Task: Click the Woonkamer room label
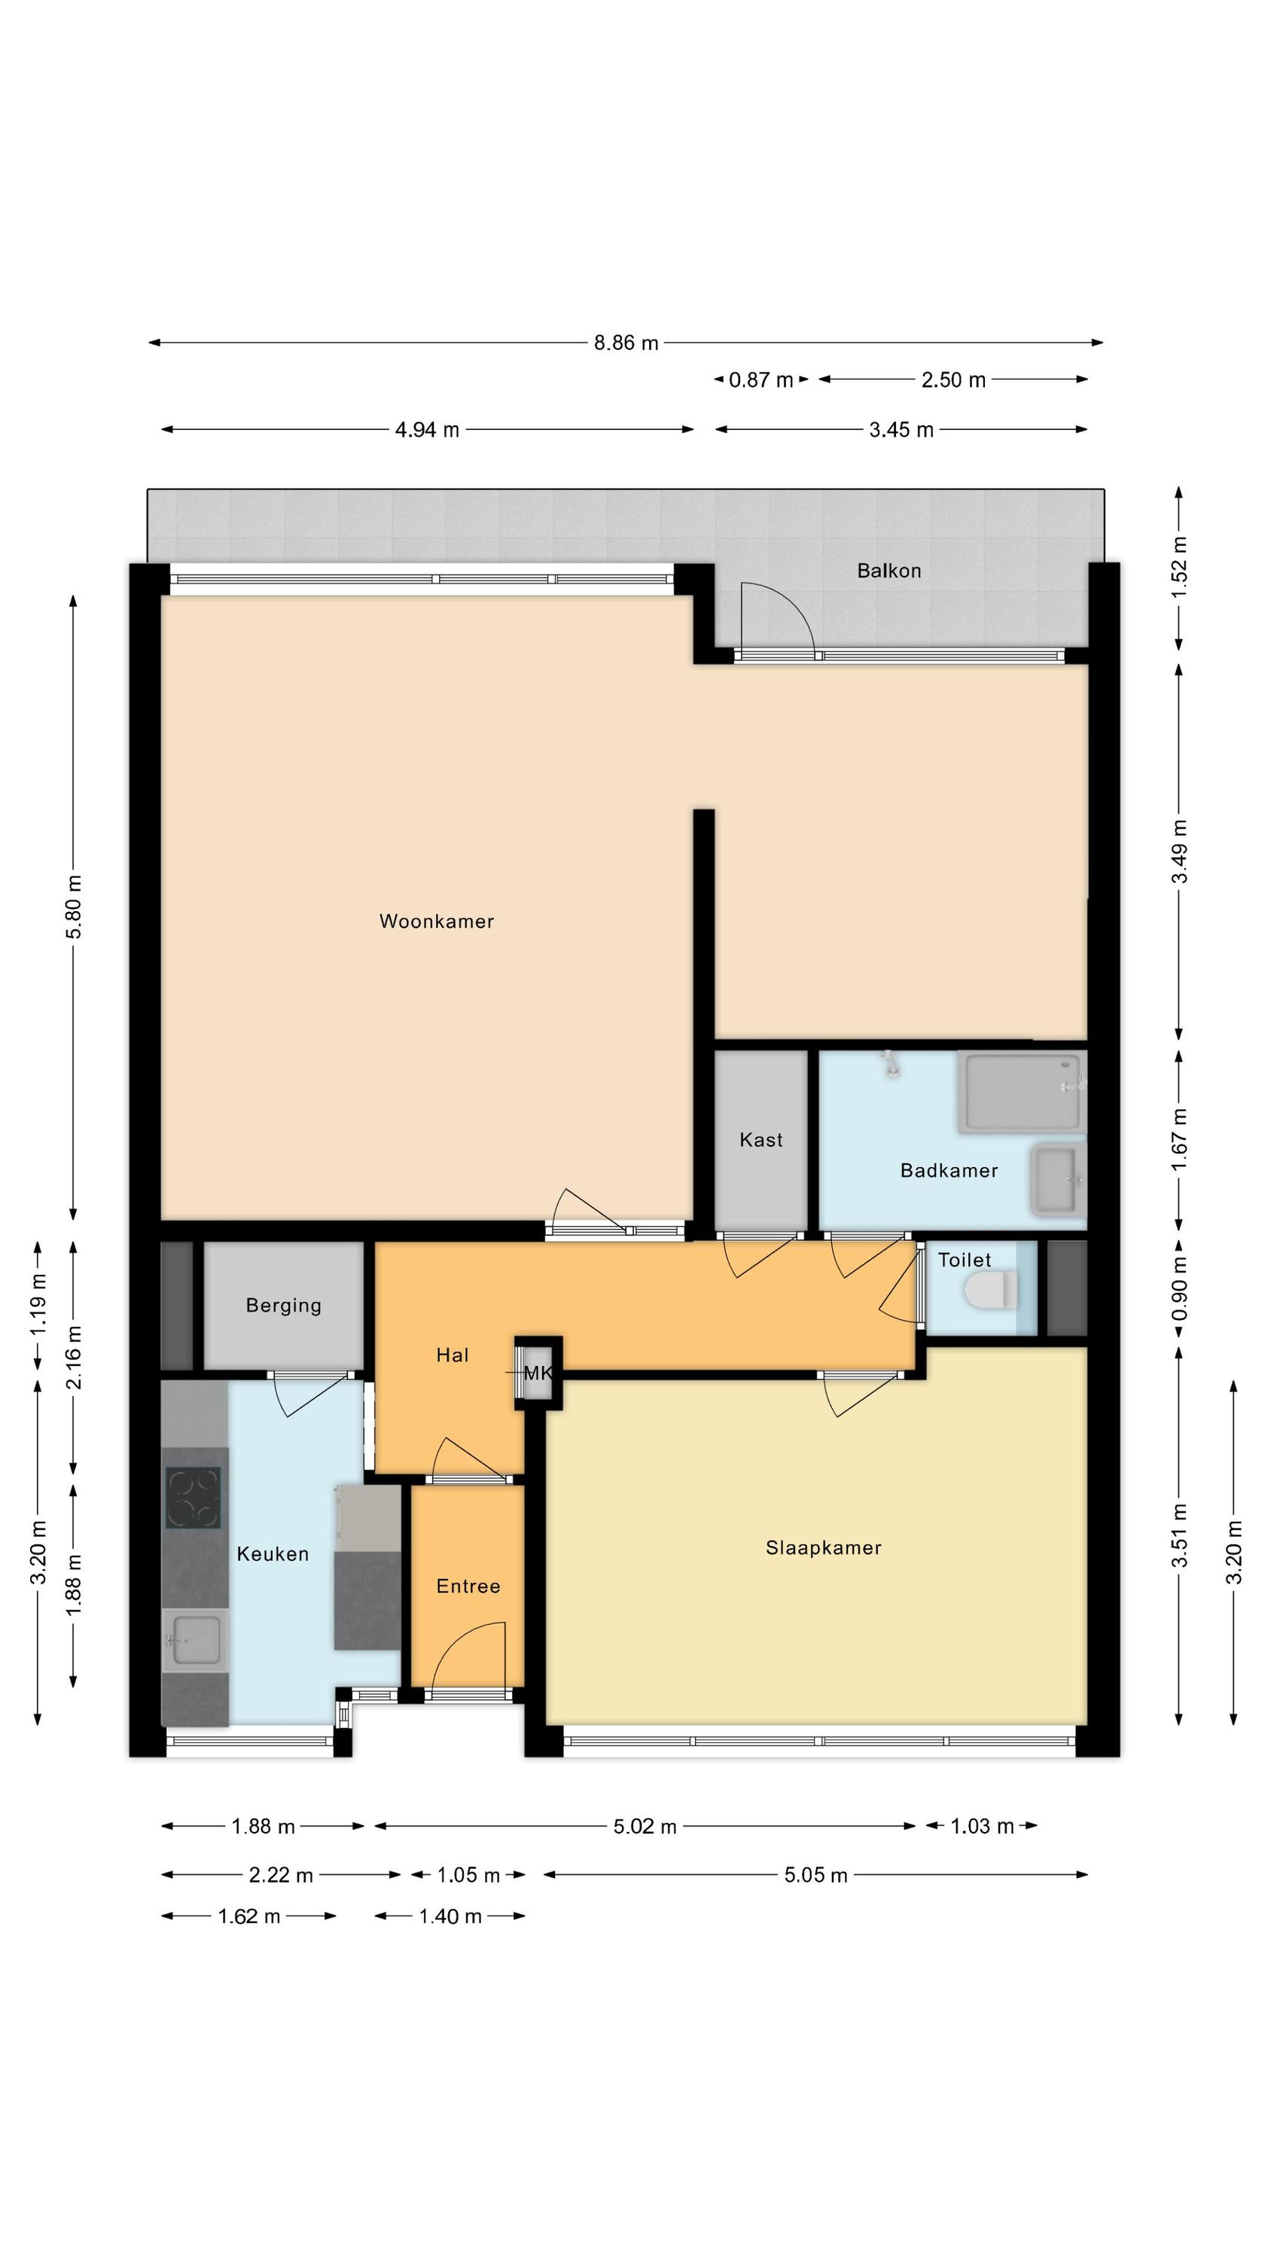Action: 436,921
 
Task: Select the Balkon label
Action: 888,571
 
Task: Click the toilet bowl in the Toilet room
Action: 990,1290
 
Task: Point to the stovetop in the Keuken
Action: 193,1498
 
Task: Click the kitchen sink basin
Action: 196,1641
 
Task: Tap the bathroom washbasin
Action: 1059,1179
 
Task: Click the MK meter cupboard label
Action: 538,1373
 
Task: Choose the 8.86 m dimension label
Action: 626,343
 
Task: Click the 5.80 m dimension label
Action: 75,907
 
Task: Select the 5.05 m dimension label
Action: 815,1876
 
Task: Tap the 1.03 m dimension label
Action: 983,1827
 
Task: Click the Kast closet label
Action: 760,1140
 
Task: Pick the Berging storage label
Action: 283,1305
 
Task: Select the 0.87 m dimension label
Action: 760,380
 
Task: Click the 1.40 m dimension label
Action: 450,1916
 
